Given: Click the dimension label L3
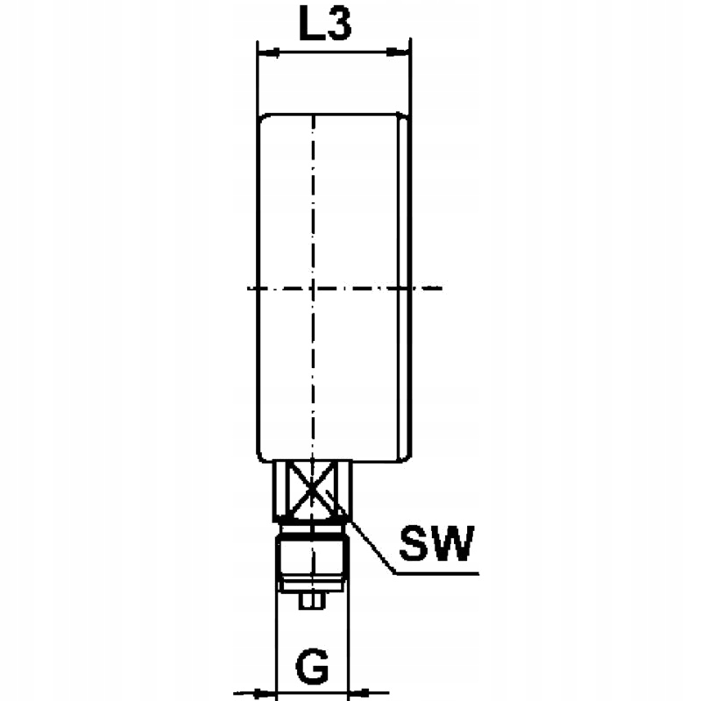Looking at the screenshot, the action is coord(325,25).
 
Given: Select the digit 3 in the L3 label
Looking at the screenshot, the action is coord(340,25).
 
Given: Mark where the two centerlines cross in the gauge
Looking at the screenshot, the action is coord(312,287).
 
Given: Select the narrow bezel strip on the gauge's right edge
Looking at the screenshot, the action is coord(405,287).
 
